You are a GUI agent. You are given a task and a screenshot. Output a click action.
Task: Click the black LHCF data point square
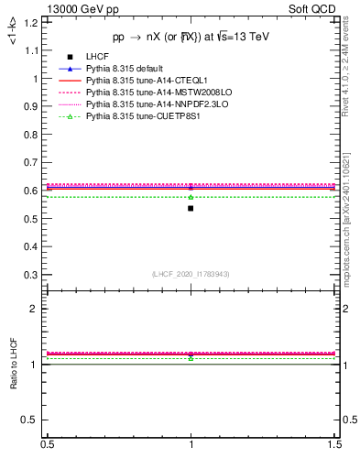[x=191, y=208]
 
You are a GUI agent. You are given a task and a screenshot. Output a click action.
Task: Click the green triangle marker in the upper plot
[x=191, y=197]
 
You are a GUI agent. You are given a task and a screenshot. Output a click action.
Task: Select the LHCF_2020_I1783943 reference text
[x=191, y=274]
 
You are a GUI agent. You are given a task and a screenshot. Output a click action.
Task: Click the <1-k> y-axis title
[x=12, y=32]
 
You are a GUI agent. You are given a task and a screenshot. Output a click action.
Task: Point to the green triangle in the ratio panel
[x=191, y=357]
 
